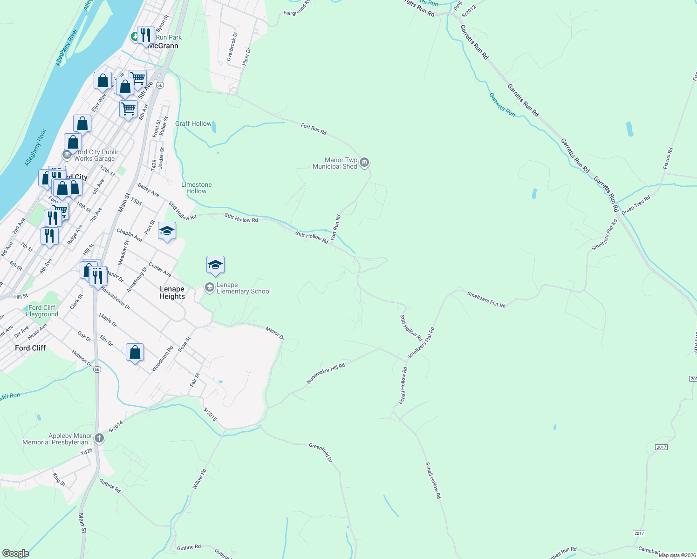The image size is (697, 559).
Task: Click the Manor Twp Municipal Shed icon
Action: coord(364,163)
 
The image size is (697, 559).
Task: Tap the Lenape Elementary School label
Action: coord(243,288)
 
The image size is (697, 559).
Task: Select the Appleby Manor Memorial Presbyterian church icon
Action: coord(99,438)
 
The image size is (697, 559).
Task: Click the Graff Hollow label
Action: coord(193,123)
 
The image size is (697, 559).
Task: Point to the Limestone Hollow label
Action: coord(197,188)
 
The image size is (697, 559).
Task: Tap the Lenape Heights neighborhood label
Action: coord(172,293)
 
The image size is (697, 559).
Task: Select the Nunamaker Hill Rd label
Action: coord(326,374)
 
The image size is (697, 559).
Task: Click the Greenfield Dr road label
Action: coord(321,452)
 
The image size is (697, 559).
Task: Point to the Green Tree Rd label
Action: coord(635,205)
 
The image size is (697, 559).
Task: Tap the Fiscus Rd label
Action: coord(668,158)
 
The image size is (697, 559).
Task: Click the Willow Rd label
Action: coord(198,479)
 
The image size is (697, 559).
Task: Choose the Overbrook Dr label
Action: coord(232,47)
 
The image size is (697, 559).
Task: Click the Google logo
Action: coord(15,553)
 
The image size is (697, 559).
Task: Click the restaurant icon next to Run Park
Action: coord(146,35)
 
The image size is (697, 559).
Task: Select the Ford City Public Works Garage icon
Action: coord(67,154)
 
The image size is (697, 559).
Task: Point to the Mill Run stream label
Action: coord(10,396)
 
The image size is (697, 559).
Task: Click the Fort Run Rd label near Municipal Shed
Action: coord(314,129)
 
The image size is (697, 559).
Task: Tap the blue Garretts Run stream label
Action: coord(502,104)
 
